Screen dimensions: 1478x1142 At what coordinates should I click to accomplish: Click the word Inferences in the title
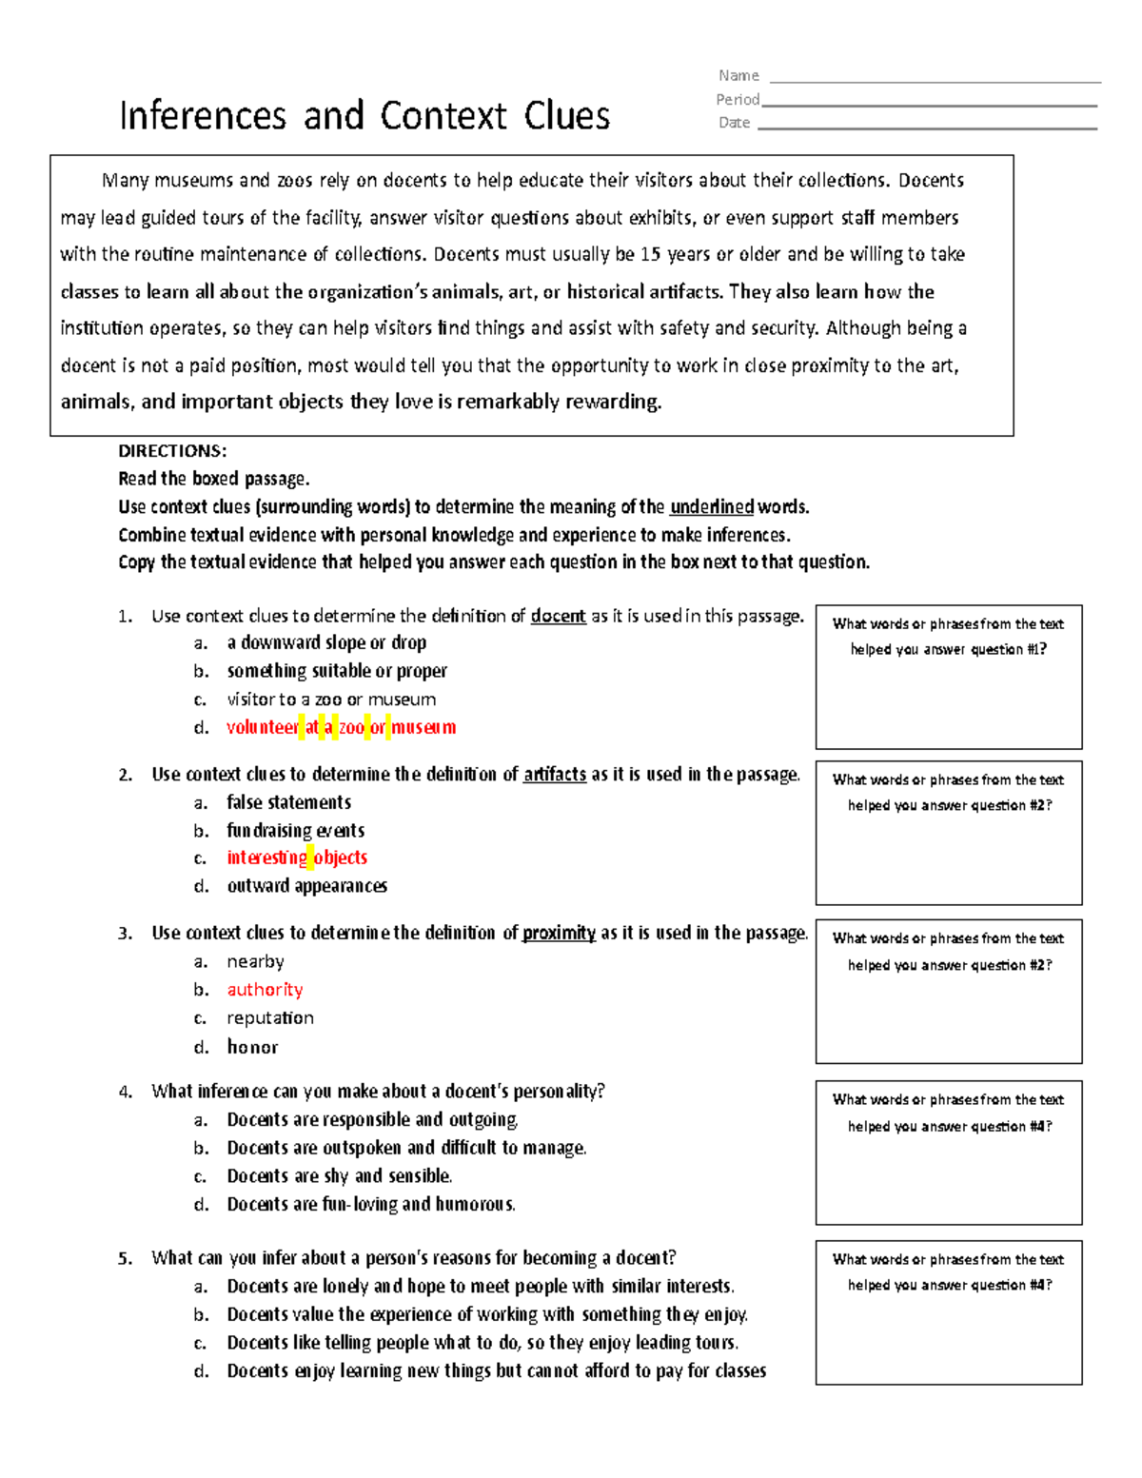coord(202,116)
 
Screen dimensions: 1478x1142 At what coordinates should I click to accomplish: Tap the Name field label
coord(738,76)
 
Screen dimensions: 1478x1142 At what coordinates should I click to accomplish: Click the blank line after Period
coord(929,104)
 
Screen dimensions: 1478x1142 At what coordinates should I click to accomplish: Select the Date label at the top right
coord(734,123)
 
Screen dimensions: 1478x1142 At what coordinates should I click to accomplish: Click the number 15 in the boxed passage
coord(650,254)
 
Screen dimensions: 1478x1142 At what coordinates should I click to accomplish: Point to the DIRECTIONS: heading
coord(172,451)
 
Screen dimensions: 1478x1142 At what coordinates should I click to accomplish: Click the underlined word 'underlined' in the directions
coord(711,506)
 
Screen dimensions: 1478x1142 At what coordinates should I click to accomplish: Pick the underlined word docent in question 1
coord(558,616)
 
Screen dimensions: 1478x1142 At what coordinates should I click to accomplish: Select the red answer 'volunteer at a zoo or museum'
coord(341,727)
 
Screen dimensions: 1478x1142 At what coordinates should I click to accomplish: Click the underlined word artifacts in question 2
coord(554,774)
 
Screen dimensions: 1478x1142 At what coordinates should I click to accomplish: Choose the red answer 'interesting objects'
coord(297,857)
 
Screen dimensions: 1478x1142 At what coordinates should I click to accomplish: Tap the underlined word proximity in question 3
coord(559,933)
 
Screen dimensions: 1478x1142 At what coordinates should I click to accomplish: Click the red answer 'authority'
coord(265,990)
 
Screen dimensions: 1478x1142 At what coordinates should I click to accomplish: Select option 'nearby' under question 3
coord(255,961)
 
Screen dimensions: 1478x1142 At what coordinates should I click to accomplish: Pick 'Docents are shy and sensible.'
coord(339,1176)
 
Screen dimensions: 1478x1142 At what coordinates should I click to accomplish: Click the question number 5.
coord(125,1258)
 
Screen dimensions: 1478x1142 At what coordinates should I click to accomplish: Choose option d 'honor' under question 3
coord(252,1047)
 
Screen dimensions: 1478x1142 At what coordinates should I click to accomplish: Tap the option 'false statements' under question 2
coord(288,802)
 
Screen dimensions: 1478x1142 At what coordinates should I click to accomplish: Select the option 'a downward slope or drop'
coord(326,642)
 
